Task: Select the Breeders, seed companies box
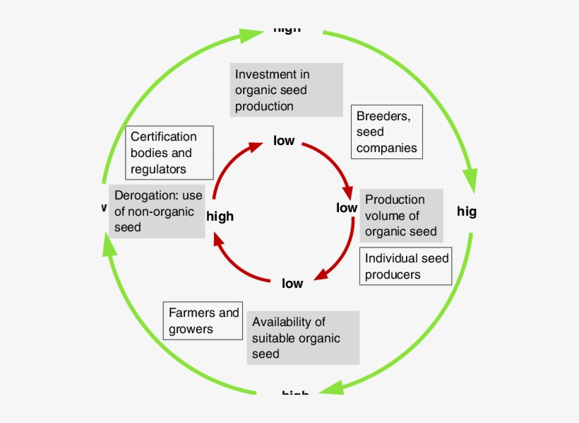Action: click(x=386, y=132)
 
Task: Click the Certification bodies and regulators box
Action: click(x=169, y=153)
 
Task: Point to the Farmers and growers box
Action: click(x=203, y=320)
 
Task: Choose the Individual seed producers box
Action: click(x=405, y=266)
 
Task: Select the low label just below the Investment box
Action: click(x=284, y=141)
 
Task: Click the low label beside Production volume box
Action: click(x=347, y=208)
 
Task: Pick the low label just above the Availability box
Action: click(x=292, y=284)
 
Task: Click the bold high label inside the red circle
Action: click(x=220, y=216)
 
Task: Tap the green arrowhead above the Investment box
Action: click(x=249, y=35)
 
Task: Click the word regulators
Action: click(x=158, y=169)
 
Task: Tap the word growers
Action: click(x=191, y=329)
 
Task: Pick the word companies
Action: click(x=386, y=149)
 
